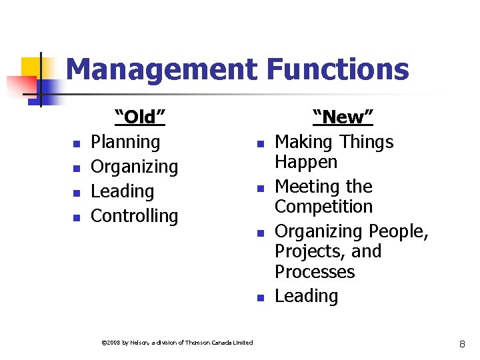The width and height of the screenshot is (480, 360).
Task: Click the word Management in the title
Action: (x=161, y=69)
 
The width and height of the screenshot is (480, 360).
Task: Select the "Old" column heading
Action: (x=140, y=117)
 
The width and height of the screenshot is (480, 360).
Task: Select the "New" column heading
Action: (x=343, y=117)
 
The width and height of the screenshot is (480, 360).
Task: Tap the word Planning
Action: (x=125, y=142)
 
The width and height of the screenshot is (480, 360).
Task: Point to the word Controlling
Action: (x=134, y=216)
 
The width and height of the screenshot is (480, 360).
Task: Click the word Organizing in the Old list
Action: (x=134, y=167)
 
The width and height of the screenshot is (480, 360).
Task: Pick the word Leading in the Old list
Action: (x=122, y=191)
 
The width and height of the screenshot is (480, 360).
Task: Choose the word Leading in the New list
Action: (x=306, y=296)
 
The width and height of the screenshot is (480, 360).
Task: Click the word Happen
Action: (x=306, y=162)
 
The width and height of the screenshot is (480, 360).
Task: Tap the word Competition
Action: (x=323, y=207)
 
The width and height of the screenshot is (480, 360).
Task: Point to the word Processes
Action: (x=315, y=272)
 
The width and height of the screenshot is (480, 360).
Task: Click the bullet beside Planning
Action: (x=77, y=143)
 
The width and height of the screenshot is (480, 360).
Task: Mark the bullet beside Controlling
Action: (x=77, y=217)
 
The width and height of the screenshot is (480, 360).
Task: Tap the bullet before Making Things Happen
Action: (x=261, y=143)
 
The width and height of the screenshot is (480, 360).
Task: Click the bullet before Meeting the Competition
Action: (x=261, y=188)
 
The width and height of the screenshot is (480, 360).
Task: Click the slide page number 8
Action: (x=461, y=343)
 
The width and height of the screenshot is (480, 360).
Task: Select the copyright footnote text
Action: (x=177, y=343)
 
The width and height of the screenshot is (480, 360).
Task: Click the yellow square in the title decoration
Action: (x=31, y=67)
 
